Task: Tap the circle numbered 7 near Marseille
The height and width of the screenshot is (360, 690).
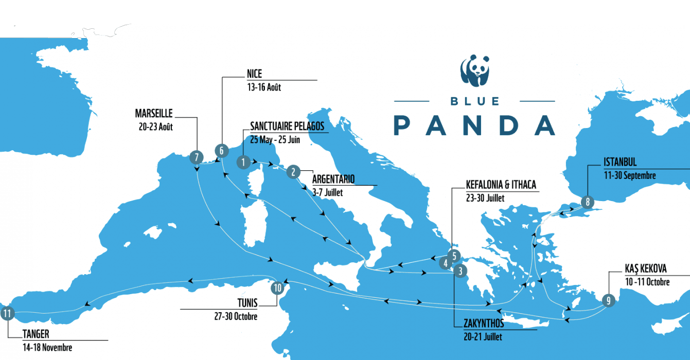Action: tap(196, 157)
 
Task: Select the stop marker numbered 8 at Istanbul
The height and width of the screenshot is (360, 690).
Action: tap(588, 202)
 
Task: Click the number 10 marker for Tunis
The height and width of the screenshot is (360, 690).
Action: tap(277, 288)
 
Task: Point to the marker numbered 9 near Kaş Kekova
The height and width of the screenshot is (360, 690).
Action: tap(608, 301)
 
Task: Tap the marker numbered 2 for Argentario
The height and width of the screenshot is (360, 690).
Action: tap(293, 172)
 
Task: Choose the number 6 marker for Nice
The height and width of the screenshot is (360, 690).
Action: tap(221, 151)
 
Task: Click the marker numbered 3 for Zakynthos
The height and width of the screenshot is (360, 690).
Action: tap(461, 269)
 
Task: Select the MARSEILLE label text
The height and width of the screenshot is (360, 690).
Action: tap(153, 113)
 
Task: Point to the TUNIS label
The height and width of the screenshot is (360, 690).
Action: tap(244, 303)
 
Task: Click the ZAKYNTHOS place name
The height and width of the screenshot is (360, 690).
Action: tap(483, 324)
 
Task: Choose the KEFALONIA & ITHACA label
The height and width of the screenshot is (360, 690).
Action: tap(501, 184)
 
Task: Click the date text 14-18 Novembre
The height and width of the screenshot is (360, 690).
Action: tap(47, 348)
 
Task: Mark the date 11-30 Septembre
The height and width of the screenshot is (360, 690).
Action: tap(630, 175)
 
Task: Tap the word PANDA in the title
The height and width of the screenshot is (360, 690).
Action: tap(474, 125)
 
